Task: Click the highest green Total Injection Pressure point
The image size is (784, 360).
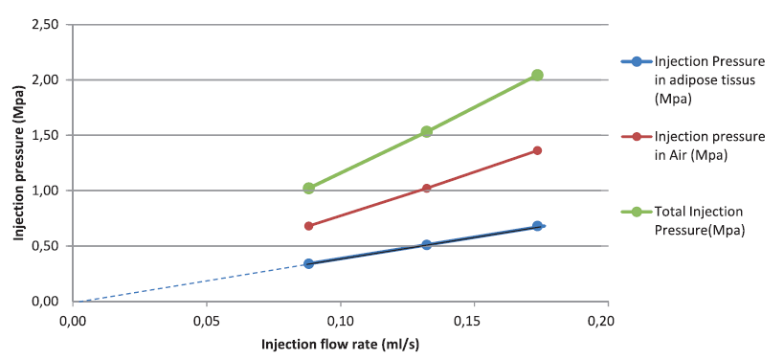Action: [x=537, y=75]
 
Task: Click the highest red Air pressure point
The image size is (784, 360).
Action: [x=537, y=150]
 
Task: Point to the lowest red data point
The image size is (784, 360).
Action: [x=308, y=226]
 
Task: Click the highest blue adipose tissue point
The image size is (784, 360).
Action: [x=537, y=226]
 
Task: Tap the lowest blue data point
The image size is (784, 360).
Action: [x=308, y=263]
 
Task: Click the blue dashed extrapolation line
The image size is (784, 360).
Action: [x=191, y=281]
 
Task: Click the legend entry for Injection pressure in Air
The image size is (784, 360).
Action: [x=708, y=146]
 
